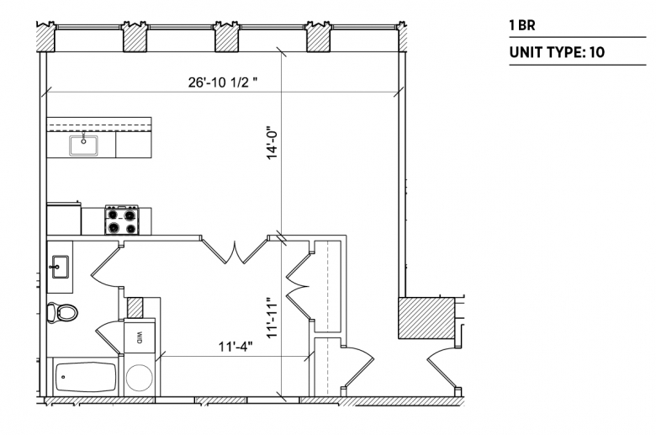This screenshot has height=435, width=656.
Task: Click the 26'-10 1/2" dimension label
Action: (x=222, y=82)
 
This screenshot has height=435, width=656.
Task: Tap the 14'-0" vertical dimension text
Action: (x=272, y=143)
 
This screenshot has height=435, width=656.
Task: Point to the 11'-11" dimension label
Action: (x=272, y=317)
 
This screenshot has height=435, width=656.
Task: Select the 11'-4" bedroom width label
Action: (x=235, y=347)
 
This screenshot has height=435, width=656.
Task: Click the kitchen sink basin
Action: (x=83, y=146)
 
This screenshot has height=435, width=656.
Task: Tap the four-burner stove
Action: (x=122, y=220)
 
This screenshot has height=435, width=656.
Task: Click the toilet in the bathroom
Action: (x=62, y=312)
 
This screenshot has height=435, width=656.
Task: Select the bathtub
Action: (x=86, y=377)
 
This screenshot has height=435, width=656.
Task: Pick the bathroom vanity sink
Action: (x=61, y=267)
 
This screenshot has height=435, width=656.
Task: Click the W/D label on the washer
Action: (x=140, y=337)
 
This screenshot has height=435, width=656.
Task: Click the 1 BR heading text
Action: (x=522, y=25)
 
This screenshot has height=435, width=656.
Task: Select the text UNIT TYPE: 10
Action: (x=557, y=52)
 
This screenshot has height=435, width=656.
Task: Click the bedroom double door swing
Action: (x=235, y=251)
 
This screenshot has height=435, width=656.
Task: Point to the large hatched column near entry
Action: (x=426, y=318)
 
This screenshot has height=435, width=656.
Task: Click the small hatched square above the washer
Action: (x=135, y=308)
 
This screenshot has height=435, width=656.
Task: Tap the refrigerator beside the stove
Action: (x=64, y=219)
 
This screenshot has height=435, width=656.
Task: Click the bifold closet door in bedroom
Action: (x=299, y=287)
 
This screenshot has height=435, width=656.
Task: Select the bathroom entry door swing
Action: (x=107, y=266)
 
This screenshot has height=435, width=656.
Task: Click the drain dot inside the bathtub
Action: (x=64, y=377)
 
